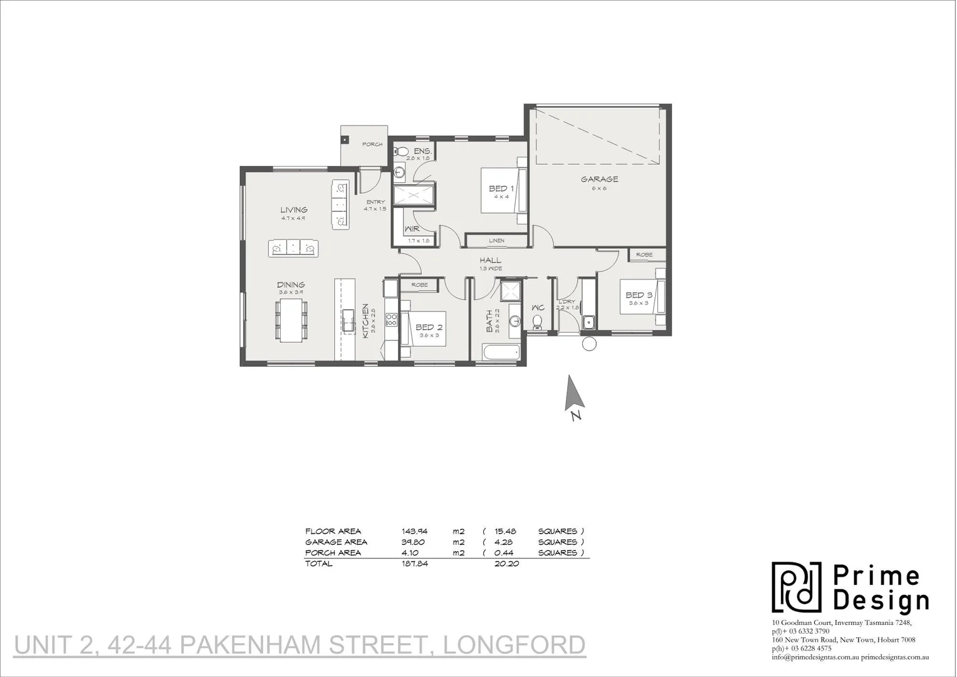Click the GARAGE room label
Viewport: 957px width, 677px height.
point(599,179)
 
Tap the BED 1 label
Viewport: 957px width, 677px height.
point(501,189)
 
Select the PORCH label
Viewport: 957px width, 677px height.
point(372,144)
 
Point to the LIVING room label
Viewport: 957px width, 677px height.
point(293,210)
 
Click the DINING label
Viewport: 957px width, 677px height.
point(291,285)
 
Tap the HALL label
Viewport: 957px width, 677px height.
point(490,260)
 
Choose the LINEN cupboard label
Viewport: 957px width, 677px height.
point(496,240)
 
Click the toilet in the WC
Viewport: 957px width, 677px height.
point(537,322)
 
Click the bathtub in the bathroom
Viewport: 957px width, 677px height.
point(500,352)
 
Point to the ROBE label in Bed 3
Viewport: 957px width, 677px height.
point(644,255)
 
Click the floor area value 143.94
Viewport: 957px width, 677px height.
point(414,531)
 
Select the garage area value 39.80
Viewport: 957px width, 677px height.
point(414,542)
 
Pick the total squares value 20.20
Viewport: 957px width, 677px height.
point(506,564)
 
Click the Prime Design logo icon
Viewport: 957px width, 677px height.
point(796,587)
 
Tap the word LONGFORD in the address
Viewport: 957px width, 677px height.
point(514,644)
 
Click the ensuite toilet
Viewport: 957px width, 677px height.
point(402,151)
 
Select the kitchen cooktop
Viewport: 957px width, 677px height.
point(392,320)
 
